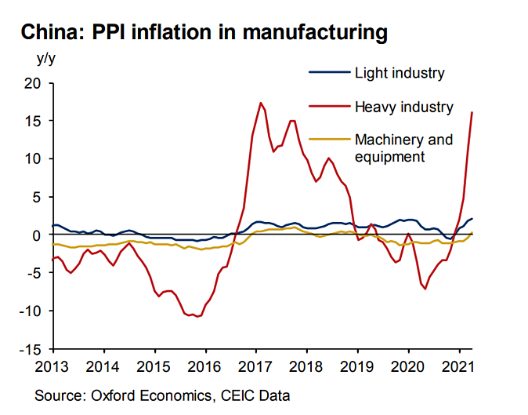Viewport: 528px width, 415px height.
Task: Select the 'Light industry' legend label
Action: pyautogui.click(x=400, y=74)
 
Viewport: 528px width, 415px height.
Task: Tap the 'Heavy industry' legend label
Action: pyautogui.click(x=404, y=107)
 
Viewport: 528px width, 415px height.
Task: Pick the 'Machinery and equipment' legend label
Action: pyautogui.click(x=404, y=148)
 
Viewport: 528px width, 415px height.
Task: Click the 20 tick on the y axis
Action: pyautogui.click(x=31, y=83)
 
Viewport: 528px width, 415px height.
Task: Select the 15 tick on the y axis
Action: pyautogui.click(x=31, y=121)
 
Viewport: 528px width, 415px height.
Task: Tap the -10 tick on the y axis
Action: pyautogui.click(x=29, y=311)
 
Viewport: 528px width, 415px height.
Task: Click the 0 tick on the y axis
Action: pyautogui.click(x=36, y=235)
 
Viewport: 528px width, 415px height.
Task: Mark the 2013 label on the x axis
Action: pyautogui.click(x=52, y=366)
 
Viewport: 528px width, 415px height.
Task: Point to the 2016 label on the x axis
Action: pyautogui.click(x=204, y=366)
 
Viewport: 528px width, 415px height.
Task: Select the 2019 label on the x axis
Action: pyautogui.click(x=356, y=366)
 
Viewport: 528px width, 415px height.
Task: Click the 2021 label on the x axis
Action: pyautogui.click(x=457, y=366)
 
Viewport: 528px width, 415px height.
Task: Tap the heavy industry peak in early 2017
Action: pyautogui.click(x=261, y=103)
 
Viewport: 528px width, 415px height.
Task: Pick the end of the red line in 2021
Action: pyautogui.click(x=472, y=112)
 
